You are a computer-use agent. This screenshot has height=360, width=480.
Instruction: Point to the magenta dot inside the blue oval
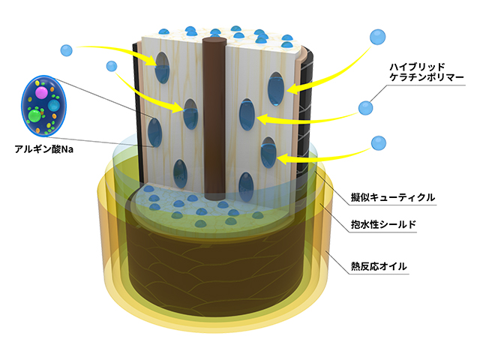(41, 92)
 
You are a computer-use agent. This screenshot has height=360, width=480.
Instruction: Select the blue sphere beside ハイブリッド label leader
(367, 108)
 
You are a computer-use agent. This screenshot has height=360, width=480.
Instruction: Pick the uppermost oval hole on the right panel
(277, 87)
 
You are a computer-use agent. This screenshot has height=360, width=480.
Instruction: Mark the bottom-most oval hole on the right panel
(245, 184)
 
